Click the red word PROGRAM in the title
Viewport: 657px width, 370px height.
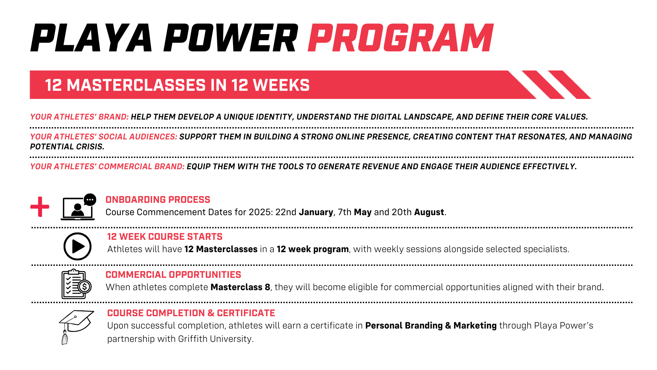pos(400,38)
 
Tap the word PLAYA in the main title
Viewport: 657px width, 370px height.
pos(91,38)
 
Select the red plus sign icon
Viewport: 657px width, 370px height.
pos(40,207)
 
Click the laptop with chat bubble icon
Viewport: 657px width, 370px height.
pos(78,207)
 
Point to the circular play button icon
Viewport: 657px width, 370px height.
pos(78,246)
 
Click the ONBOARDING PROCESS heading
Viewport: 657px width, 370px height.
pos(158,200)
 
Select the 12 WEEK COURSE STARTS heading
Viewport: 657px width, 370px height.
pos(165,237)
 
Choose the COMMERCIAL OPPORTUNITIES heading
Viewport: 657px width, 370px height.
pos(173,275)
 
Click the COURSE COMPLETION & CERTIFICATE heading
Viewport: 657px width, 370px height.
pos(191,313)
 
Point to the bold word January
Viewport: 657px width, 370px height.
pos(316,212)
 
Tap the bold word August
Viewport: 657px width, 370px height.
pos(429,212)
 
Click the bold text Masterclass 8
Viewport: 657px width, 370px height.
pos(240,287)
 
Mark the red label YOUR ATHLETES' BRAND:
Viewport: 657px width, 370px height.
pos(79,117)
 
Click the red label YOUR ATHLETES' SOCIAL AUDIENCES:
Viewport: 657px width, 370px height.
pos(104,137)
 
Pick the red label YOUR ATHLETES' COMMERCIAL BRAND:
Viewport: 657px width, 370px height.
pos(107,166)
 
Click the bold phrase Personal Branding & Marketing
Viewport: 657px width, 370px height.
pos(431,325)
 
